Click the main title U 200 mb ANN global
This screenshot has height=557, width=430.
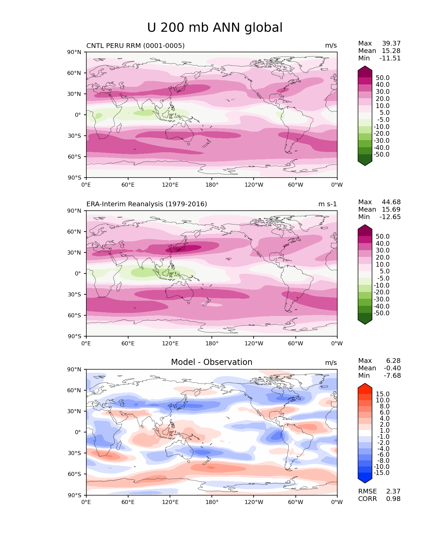[x=215, y=28]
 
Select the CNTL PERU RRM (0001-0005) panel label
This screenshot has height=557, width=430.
[x=135, y=46]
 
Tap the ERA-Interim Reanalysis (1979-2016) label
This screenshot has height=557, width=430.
[x=147, y=204]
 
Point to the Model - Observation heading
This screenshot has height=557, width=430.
[x=211, y=362]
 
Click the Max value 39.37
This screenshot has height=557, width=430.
[x=391, y=44]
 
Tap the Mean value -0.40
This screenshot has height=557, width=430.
[x=392, y=368]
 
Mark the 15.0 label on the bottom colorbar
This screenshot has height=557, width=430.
[x=382, y=394]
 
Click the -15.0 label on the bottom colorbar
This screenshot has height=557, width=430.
[x=381, y=473]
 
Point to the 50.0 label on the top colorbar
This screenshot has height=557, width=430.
[x=382, y=78]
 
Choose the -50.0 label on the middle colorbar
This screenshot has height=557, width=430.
[x=381, y=313]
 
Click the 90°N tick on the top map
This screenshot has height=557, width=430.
[x=75, y=52]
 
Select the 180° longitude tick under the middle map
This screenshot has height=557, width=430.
[x=212, y=344]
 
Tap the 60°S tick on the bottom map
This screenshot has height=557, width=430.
[x=75, y=474]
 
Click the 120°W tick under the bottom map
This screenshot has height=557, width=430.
[x=254, y=502]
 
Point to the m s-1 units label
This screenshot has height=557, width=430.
[x=327, y=204]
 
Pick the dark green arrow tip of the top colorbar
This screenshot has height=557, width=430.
[x=365, y=163]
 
